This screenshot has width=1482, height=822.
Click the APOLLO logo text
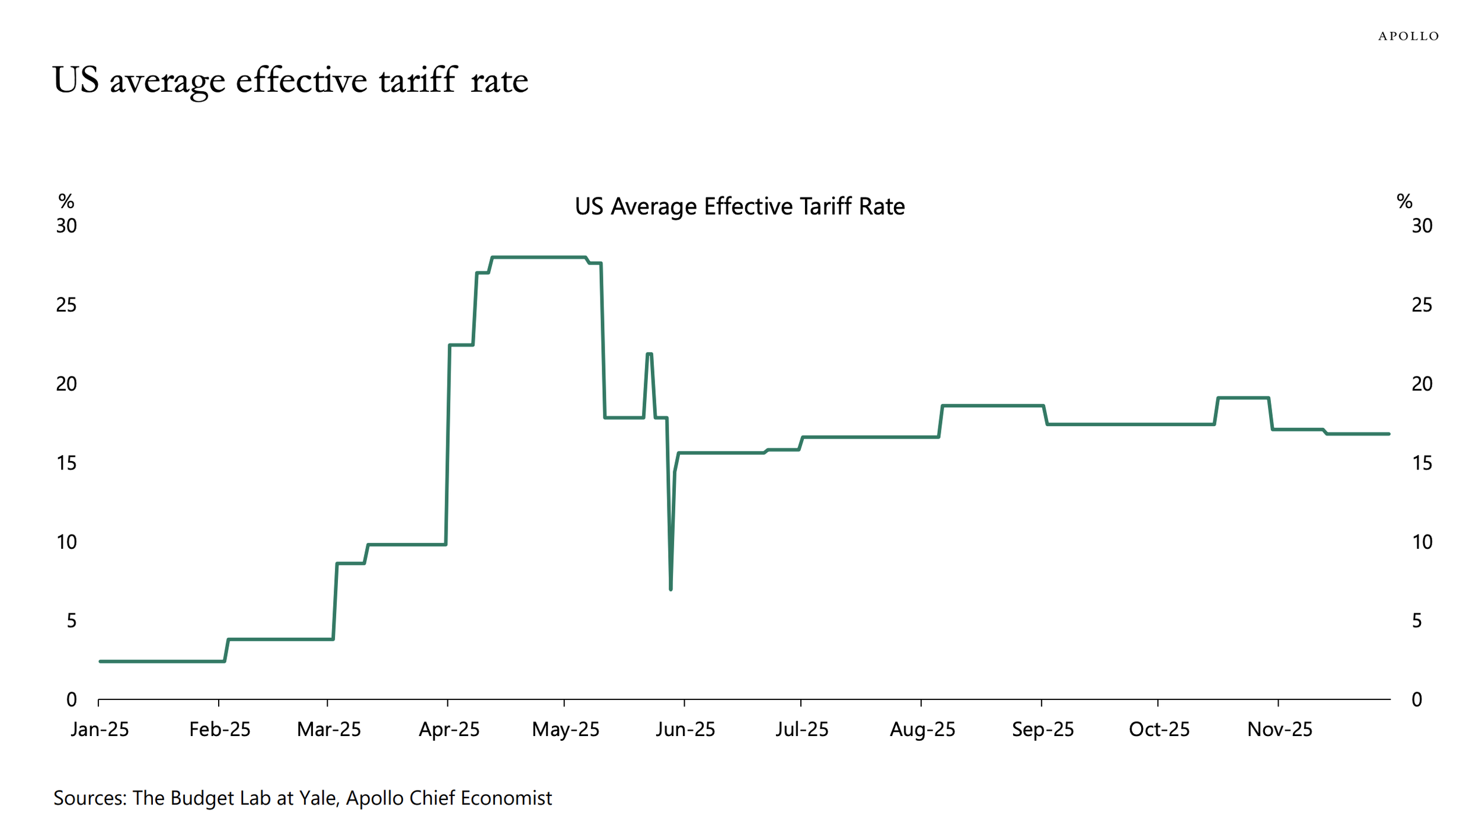coord(1408,36)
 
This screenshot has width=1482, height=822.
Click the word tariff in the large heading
coord(418,80)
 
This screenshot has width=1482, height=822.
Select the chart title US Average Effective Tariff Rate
coord(739,206)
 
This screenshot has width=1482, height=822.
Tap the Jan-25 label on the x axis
coord(100,729)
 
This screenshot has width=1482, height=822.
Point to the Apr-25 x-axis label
coord(449,729)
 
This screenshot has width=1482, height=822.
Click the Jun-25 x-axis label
coord(685,729)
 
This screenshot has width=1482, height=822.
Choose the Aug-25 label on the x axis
coord(922,729)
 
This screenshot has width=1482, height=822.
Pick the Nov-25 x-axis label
coord(1279,729)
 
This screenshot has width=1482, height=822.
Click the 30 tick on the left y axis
coord(66,226)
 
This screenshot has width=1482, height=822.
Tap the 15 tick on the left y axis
coord(66,463)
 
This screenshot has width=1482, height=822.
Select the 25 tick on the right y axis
coord(1422,305)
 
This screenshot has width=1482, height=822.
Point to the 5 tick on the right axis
coord(1417,621)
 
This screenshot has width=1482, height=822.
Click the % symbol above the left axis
coord(66,201)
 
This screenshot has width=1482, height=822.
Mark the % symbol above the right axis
coord(1404,201)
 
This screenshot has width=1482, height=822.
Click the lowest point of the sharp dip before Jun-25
coord(670,588)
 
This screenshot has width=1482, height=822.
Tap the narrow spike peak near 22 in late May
coord(649,354)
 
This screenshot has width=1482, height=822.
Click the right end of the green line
coord(1389,434)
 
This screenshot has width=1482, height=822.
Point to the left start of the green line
coord(100,661)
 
